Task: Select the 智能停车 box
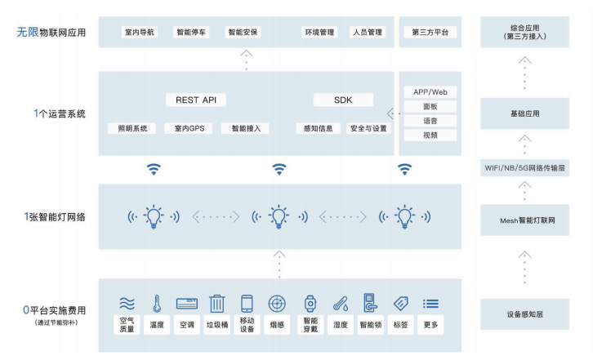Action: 192,33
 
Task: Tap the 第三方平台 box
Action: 430,33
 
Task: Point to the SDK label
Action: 343,100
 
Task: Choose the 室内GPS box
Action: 189,128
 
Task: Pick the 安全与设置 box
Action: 368,128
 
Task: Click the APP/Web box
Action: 430,92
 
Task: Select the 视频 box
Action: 430,135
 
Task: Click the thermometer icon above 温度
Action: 156,304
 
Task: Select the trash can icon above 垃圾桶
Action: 216,304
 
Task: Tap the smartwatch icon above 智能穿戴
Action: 310,304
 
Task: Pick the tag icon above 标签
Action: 400,304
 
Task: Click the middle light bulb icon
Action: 279,216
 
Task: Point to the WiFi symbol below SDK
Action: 279,170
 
